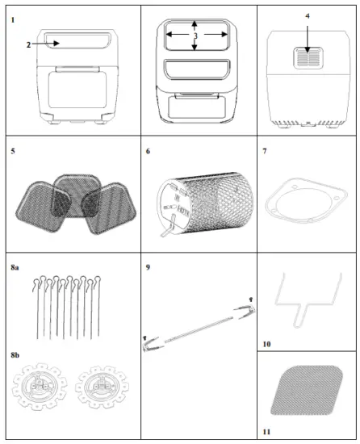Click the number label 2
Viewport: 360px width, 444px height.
(x=27, y=45)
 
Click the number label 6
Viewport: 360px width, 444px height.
(x=148, y=151)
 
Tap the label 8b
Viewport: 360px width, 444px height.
(x=15, y=353)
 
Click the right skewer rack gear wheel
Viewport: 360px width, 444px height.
(x=100, y=392)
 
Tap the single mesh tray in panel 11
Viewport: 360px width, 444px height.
(x=308, y=392)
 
